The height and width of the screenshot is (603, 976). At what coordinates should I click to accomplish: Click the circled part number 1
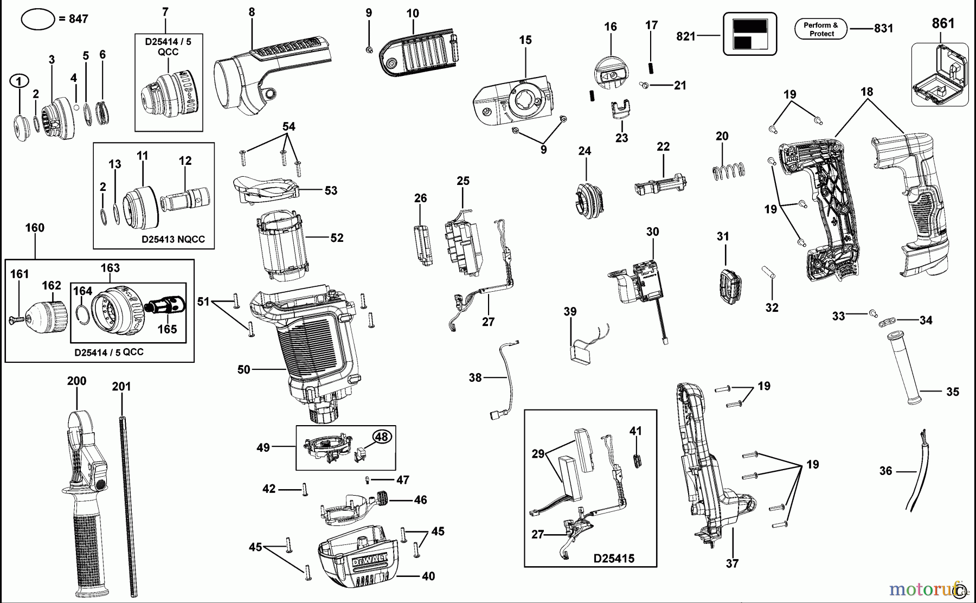pyautogui.click(x=19, y=81)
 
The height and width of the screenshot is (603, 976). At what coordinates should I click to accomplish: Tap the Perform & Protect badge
pyautogui.click(x=821, y=29)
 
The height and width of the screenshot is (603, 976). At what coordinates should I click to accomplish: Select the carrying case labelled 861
pyautogui.click(x=940, y=75)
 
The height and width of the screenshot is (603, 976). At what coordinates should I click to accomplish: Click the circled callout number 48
pyautogui.click(x=382, y=437)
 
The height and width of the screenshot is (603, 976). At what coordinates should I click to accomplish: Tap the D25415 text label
pyautogui.click(x=614, y=558)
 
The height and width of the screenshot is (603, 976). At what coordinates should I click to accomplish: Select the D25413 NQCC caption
pyautogui.click(x=173, y=239)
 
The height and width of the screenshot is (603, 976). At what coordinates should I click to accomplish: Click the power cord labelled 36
pyautogui.click(x=916, y=472)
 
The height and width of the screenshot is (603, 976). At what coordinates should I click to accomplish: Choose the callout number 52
pyautogui.click(x=337, y=238)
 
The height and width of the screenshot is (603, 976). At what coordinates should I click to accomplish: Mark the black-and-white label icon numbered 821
pyautogui.click(x=749, y=34)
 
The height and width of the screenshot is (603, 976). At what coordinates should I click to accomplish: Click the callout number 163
pyautogui.click(x=110, y=268)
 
